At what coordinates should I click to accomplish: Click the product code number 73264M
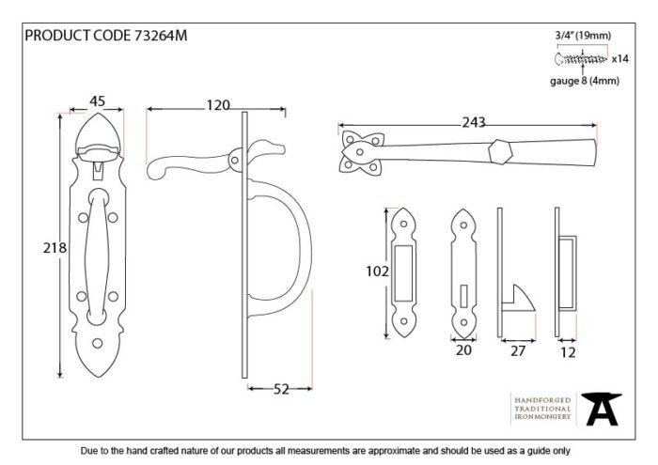pyautogui.click(x=161, y=36)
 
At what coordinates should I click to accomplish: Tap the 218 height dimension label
pyautogui.click(x=55, y=248)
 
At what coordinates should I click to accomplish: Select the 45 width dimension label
pyautogui.click(x=98, y=101)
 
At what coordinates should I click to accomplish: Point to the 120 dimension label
pyautogui.click(x=218, y=105)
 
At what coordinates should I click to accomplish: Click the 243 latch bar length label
pyautogui.click(x=474, y=122)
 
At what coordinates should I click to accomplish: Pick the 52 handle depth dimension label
pyautogui.click(x=281, y=389)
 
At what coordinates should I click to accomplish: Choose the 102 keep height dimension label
pyautogui.click(x=377, y=271)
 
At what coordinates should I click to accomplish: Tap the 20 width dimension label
pyautogui.click(x=463, y=350)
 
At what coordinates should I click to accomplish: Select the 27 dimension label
pyautogui.click(x=518, y=350)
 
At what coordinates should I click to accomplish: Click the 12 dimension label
pyautogui.click(x=568, y=352)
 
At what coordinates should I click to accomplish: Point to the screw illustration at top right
pyautogui.click(x=581, y=59)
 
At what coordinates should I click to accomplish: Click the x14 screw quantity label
pyautogui.click(x=619, y=58)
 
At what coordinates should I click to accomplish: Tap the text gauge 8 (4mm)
pyautogui.click(x=585, y=81)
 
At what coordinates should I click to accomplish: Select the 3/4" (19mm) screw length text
pyautogui.click(x=583, y=36)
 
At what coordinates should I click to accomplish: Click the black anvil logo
pyautogui.click(x=601, y=409)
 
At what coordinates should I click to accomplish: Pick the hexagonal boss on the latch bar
pyautogui.click(x=500, y=151)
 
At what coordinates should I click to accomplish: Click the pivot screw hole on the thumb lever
pyautogui.click(x=235, y=160)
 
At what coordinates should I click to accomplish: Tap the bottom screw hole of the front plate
pyautogui.click(x=98, y=344)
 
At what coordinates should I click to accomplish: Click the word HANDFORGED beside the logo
pyautogui.click(x=542, y=400)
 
